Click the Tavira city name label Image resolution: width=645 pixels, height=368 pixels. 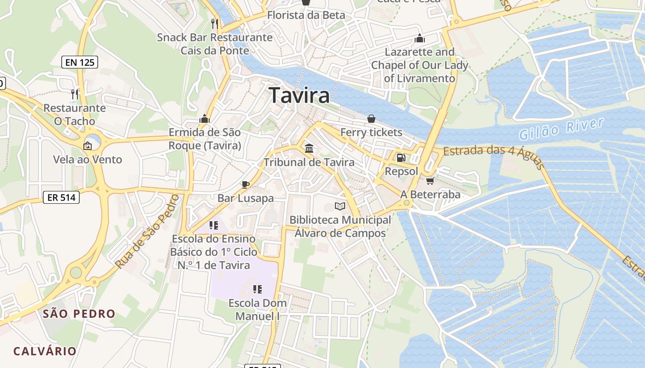coord(299,95)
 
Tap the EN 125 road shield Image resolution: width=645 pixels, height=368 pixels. coord(80,62)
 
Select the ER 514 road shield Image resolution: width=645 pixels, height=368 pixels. coord(61,197)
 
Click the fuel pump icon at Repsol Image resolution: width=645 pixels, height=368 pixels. coord(401,158)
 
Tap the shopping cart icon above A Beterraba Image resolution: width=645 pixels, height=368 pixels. coord(430,181)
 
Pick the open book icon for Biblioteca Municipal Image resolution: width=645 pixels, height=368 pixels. coord(340,207)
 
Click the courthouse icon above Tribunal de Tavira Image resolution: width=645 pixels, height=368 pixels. coord(309,148)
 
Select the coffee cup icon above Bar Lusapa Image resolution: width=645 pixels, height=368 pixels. coord(246,184)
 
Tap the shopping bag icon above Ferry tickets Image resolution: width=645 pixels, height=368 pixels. coord(371,119)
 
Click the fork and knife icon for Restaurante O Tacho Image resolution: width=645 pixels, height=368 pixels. coord(74,94)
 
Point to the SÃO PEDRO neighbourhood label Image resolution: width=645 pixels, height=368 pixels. coord(79,314)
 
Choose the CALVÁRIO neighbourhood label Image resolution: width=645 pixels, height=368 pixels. coord(45,351)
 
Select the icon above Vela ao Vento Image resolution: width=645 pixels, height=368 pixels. coord(88,146)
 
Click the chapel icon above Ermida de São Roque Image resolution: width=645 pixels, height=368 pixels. coord(205,119)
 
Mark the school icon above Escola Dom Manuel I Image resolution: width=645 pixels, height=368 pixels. coord(258,289)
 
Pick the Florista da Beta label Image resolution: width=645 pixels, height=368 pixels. coord(306,15)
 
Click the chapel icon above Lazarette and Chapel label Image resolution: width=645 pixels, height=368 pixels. coord(419,38)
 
